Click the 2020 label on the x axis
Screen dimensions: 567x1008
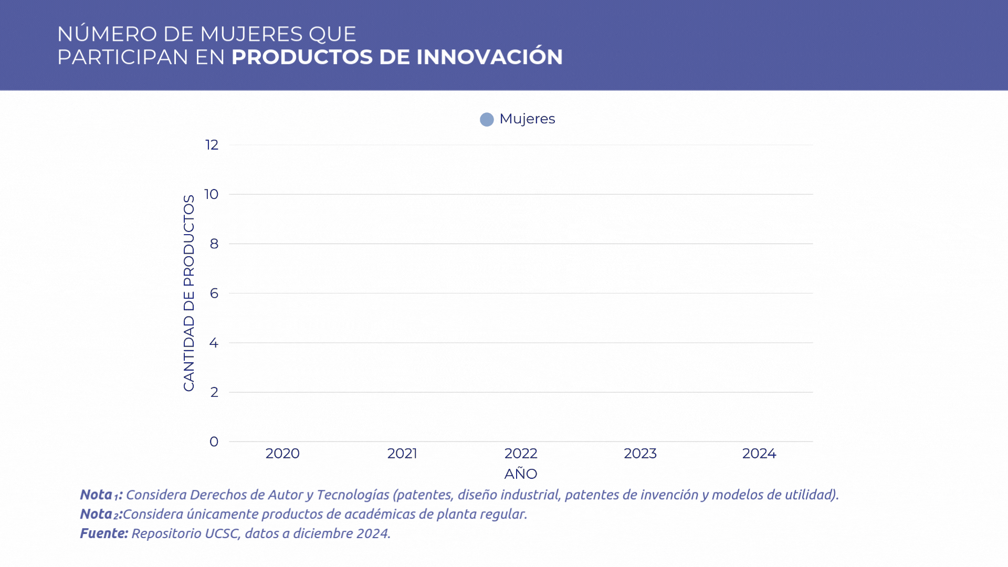(x=282, y=454)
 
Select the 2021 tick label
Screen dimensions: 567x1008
(x=402, y=454)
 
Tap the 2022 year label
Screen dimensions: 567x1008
(x=521, y=454)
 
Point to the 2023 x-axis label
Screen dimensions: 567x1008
(x=640, y=454)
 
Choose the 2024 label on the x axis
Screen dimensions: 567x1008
(x=759, y=454)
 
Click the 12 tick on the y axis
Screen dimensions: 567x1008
(x=212, y=145)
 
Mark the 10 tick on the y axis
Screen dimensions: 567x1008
(x=212, y=194)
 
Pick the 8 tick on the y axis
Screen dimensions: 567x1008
(x=214, y=244)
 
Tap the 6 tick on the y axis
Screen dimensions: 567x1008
(x=214, y=293)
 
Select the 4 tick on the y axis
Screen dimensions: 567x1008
(x=214, y=343)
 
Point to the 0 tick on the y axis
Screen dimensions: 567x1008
(x=214, y=442)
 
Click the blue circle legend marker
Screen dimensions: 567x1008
(x=487, y=120)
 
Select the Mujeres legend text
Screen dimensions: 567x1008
(x=527, y=119)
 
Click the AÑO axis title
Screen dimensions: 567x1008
(x=521, y=474)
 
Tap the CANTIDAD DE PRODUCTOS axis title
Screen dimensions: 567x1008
(x=189, y=293)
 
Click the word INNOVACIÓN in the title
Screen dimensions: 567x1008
(x=489, y=57)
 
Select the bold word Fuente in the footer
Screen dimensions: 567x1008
(x=103, y=533)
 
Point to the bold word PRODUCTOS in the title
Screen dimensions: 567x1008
(x=302, y=57)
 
